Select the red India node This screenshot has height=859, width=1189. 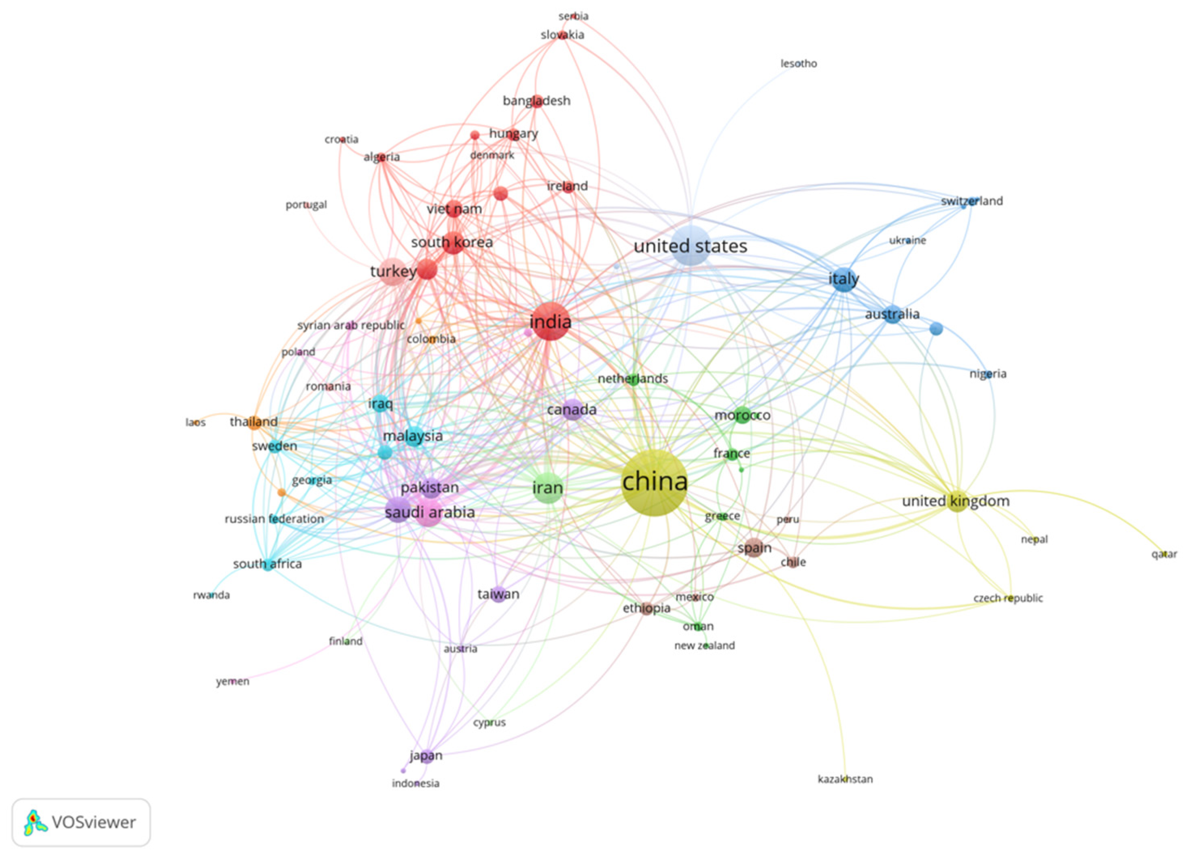coord(550,321)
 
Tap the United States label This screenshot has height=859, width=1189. coord(691,246)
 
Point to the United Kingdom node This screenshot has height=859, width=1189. coord(957,501)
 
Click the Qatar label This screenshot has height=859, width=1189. coord(1164,554)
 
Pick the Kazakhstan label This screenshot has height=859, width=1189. coord(845,779)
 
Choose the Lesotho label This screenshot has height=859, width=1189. coord(799,64)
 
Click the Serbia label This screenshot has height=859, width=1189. coord(574,16)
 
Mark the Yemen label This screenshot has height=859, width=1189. coord(233,682)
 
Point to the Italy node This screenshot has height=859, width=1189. coord(844,279)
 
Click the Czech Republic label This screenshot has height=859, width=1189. coord(1008,598)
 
